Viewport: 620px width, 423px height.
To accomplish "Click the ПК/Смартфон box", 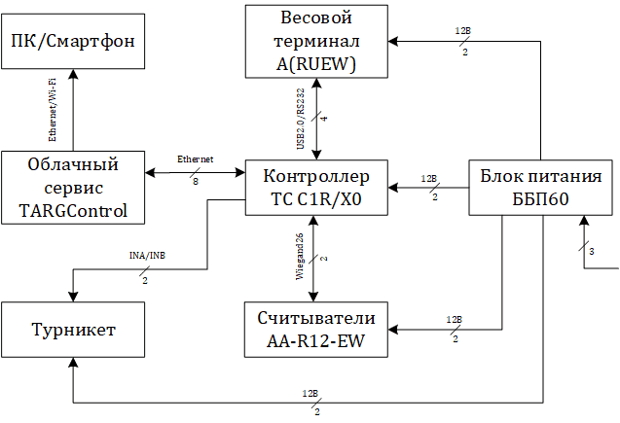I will pyautogui.click(x=72, y=42).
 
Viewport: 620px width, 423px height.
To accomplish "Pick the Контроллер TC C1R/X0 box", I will pyautogui.click(x=315, y=185).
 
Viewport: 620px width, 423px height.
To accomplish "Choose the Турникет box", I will pyautogui.click(x=72, y=331).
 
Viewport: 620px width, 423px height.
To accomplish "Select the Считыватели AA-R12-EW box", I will pyautogui.click(x=315, y=331).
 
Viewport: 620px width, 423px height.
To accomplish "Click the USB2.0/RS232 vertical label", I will pyautogui.click(x=303, y=118).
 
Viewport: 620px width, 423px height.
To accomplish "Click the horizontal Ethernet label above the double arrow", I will pyautogui.click(x=196, y=159).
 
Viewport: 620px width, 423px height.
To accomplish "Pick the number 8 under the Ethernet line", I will pyautogui.click(x=196, y=181).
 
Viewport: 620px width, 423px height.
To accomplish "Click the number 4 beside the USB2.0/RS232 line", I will pyautogui.click(x=324, y=119).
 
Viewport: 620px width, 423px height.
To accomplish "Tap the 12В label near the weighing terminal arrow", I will pyautogui.click(x=462, y=31).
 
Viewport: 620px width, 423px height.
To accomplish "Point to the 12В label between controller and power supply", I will pyautogui.click(x=428, y=179).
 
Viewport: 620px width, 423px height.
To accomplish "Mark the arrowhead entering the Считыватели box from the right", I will pyautogui.click(x=394, y=331).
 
